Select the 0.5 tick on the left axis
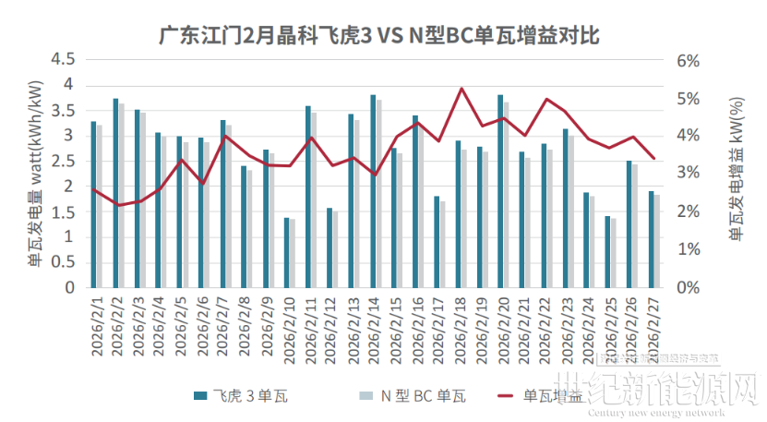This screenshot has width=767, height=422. pos(62,262)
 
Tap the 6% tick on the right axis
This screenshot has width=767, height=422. pos(689,60)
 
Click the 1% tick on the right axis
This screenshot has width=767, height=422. pos(689,249)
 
